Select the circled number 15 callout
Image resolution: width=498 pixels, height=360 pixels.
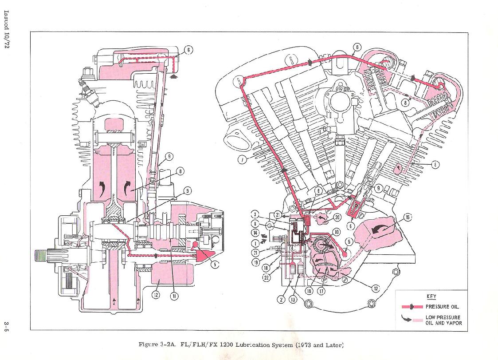[x=408, y=217]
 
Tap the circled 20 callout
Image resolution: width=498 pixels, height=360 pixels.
[x=337, y=217]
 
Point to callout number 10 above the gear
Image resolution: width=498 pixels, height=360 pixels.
[x=336, y=232]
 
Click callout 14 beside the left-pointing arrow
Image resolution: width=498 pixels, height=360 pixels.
[x=255, y=233]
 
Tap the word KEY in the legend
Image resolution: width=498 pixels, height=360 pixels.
[x=431, y=296]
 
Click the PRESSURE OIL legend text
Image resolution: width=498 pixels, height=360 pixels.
[x=442, y=307]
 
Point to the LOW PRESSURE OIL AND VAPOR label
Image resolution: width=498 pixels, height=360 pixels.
[x=443, y=320]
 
